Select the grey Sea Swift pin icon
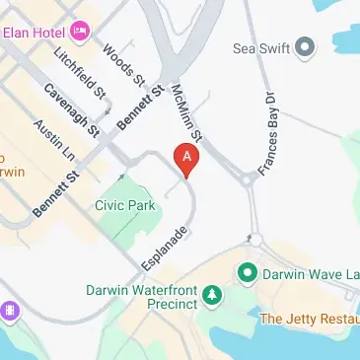(305, 45)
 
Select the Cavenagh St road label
(72, 108)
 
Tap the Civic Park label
(126, 205)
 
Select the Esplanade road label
(162, 250)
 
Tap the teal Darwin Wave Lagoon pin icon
(247, 270)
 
